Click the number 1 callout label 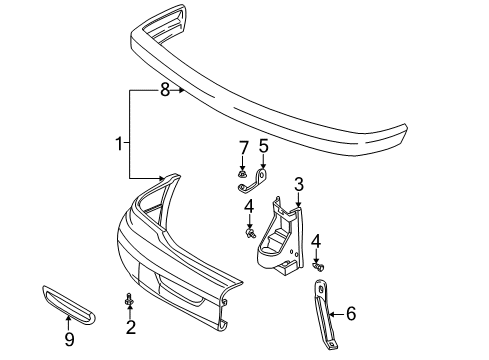point(121,144)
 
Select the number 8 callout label point(165,91)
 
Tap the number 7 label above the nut point(243,150)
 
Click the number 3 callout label point(298,184)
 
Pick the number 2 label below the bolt point(130,327)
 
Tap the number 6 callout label point(350,313)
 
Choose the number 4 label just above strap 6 point(317,241)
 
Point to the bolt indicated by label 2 point(130,300)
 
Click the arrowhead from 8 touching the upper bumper point(184,91)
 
